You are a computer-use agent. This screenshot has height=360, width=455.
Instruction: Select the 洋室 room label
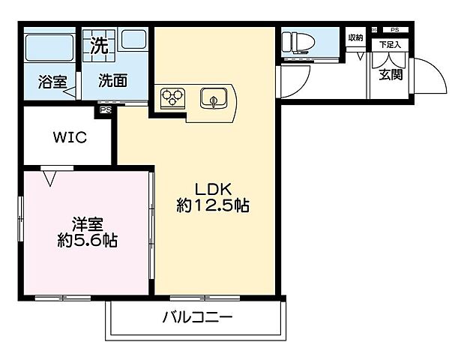(x=88, y=224)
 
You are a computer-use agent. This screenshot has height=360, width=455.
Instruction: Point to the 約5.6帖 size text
(x=88, y=241)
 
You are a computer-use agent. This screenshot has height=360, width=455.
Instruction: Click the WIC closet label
(x=69, y=138)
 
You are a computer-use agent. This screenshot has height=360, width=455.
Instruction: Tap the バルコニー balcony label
(x=197, y=318)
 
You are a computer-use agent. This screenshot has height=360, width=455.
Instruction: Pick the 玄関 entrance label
(x=390, y=74)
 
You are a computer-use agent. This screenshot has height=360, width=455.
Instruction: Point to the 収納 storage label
(x=355, y=37)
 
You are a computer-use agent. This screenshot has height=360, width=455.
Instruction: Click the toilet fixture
(x=301, y=43)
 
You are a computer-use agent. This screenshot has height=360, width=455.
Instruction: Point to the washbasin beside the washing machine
(x=134, y=42)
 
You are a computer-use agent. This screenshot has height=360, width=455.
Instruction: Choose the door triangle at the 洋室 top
(x=50, y=178)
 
